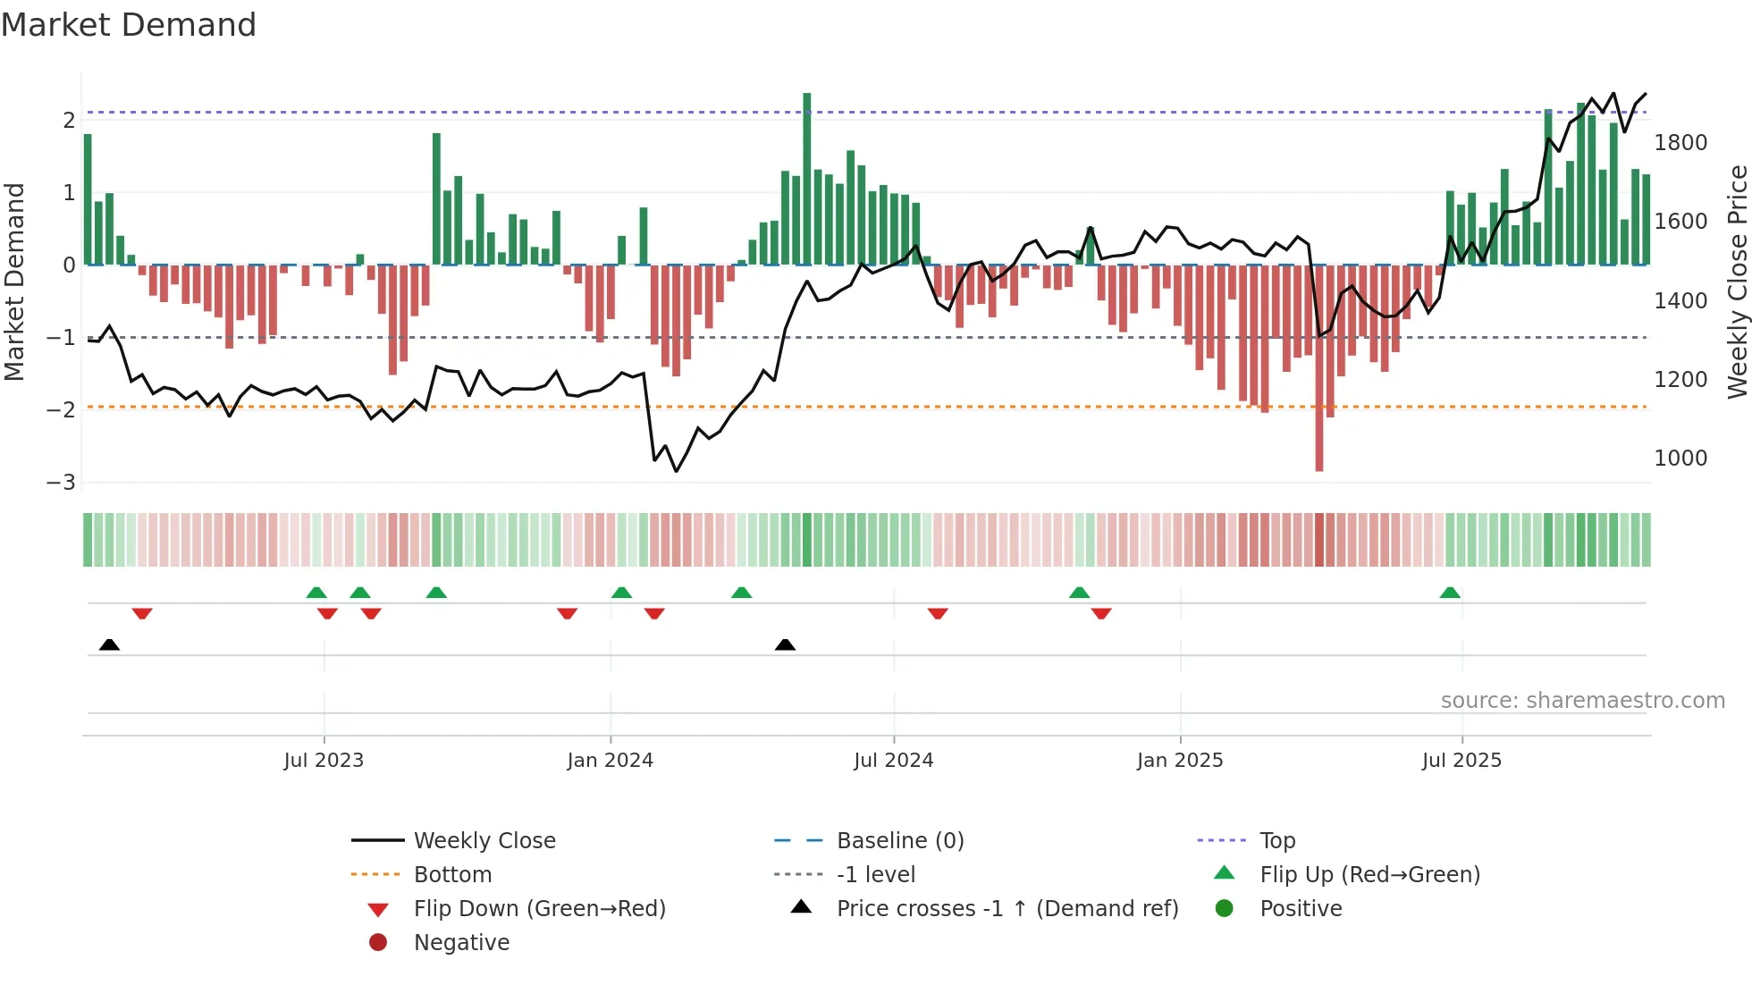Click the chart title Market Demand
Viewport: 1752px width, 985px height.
tap(129, 25)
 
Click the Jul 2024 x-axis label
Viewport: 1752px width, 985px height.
tap(893, 761)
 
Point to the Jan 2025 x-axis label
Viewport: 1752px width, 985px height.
tap(1180, 761)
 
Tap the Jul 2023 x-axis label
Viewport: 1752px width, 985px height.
tap(324, 761)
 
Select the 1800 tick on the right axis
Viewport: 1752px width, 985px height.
tap(1680, 143)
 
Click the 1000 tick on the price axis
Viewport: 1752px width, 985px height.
tap(1680, 459)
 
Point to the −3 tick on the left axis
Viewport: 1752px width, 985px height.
tap(61, 483)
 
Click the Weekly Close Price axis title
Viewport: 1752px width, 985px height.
tap(1737, 282)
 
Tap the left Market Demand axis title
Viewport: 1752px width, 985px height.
tap(14, 282)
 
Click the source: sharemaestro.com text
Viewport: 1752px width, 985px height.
tap(1582, 701)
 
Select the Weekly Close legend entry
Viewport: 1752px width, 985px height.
tap(484, 841)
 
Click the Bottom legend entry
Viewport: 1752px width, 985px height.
tap(452, 875)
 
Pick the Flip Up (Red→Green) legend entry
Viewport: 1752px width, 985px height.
tap(1369, 875)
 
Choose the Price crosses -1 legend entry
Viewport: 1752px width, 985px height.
tap(1007, 909)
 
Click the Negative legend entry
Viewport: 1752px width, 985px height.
tap(461, 943)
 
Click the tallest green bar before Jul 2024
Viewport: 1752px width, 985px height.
tap(806, 179)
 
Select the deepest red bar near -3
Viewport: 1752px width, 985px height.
tap(1319, 375)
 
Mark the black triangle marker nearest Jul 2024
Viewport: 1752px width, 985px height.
tap(785, 645)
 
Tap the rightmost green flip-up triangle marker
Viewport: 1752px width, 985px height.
tap(1450, 594)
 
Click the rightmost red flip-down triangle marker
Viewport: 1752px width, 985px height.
tap(1101, 613)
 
